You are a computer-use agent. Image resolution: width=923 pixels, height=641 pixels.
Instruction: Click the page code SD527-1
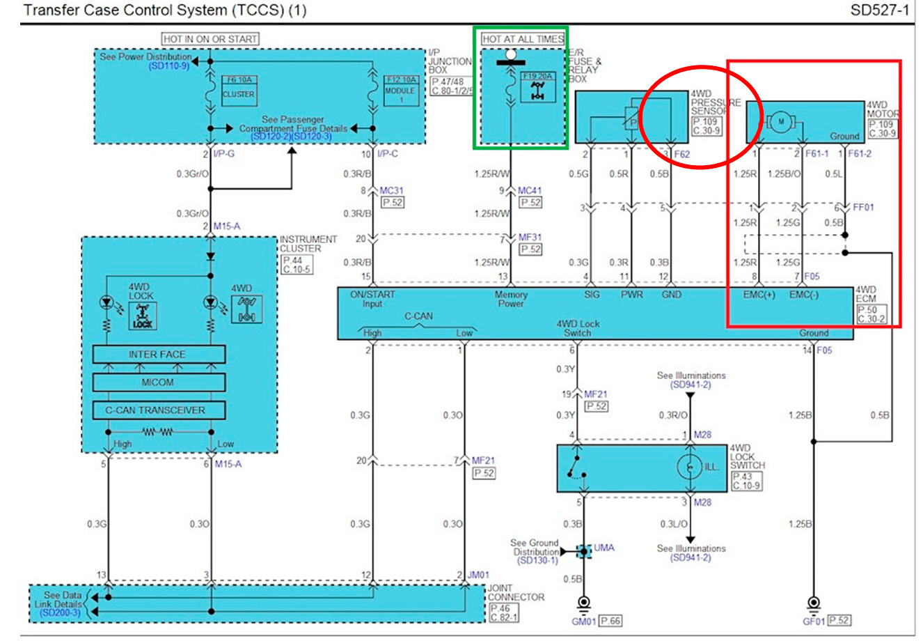point(879,10)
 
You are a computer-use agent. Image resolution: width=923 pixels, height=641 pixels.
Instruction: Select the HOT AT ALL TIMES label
point(523,40)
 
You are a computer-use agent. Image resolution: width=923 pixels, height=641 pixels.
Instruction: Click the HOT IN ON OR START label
point(210,39)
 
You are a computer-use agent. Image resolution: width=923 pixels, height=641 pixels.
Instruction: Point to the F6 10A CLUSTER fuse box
point(238,91)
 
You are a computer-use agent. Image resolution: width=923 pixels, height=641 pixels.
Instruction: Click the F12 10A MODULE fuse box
point(401,90)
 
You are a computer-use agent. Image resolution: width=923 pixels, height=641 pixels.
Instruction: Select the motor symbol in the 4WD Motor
point(781,122)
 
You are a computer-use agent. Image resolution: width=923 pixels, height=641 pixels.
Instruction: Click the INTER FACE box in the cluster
point(159,354)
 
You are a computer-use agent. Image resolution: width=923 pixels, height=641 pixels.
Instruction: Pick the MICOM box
point(159,382)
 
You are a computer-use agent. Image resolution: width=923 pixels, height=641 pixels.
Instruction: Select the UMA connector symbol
point(585,551)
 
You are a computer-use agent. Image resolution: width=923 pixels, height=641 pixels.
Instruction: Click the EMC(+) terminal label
point(759,295)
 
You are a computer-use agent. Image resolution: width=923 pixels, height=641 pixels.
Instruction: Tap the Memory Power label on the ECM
point(511,299)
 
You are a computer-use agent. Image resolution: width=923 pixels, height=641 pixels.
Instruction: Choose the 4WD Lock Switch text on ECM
point(578,328)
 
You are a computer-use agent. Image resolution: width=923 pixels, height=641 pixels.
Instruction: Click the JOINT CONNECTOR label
point(516,593)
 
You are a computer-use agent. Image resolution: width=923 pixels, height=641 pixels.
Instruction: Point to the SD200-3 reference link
point(60,612)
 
